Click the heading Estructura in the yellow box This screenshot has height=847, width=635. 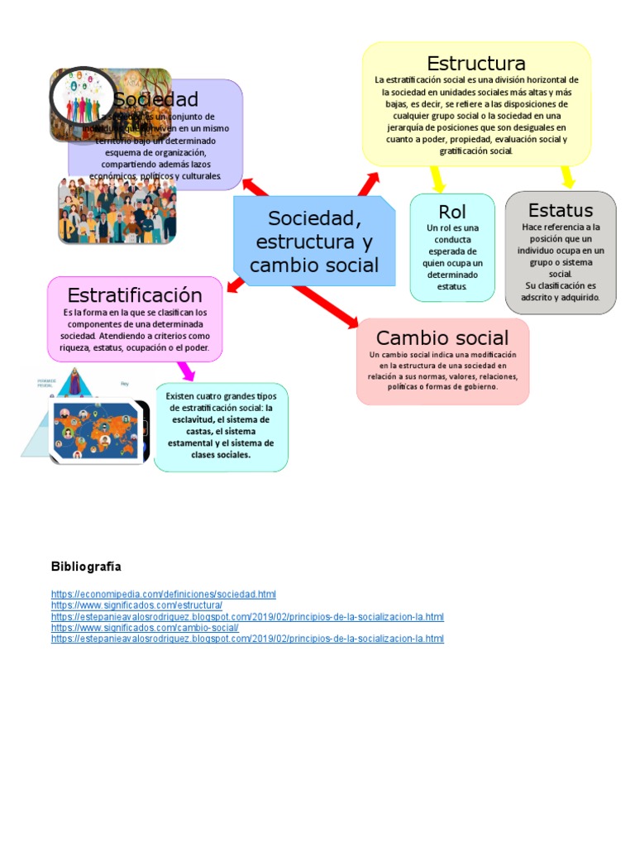[x=475, y=64]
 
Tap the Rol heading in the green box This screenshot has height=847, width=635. [x=452, y=212]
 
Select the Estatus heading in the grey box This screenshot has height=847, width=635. [x=561, y=210]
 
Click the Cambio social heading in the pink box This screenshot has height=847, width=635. [x=442, y=337]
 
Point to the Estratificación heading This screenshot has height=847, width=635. [x=135, y=295]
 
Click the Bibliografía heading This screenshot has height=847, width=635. [x=86, y=567]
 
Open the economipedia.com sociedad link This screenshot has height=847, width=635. [x=163, y=594]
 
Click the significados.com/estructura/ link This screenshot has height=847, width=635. [x=136, y=605]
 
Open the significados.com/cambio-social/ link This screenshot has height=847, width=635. [x=145, y=628]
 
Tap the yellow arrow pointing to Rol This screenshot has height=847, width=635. [x=437, y=179]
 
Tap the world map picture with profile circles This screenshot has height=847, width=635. [x=99, y=430]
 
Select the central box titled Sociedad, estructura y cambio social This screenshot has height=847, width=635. [x=314, y=242]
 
